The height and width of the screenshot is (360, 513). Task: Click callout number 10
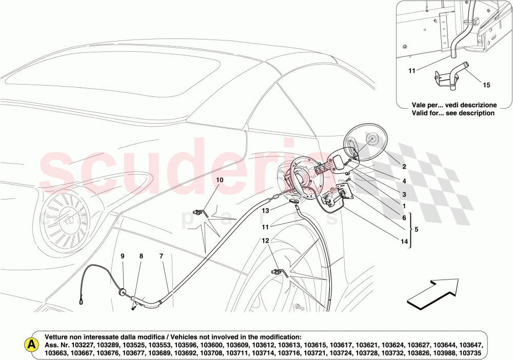click(219, 180)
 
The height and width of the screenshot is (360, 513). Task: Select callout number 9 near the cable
click(123, 255)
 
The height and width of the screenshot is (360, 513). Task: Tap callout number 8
click(141, 255)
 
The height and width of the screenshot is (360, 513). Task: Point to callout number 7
click(161, 255)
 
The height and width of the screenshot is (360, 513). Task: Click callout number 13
click(266, 211)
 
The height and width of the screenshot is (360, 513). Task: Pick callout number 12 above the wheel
click(265, 241)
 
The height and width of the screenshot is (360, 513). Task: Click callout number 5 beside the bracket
click(416, 230)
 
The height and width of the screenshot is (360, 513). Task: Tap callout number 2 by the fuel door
click(404, 167)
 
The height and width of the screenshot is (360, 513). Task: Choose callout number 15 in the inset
click(486, 85)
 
